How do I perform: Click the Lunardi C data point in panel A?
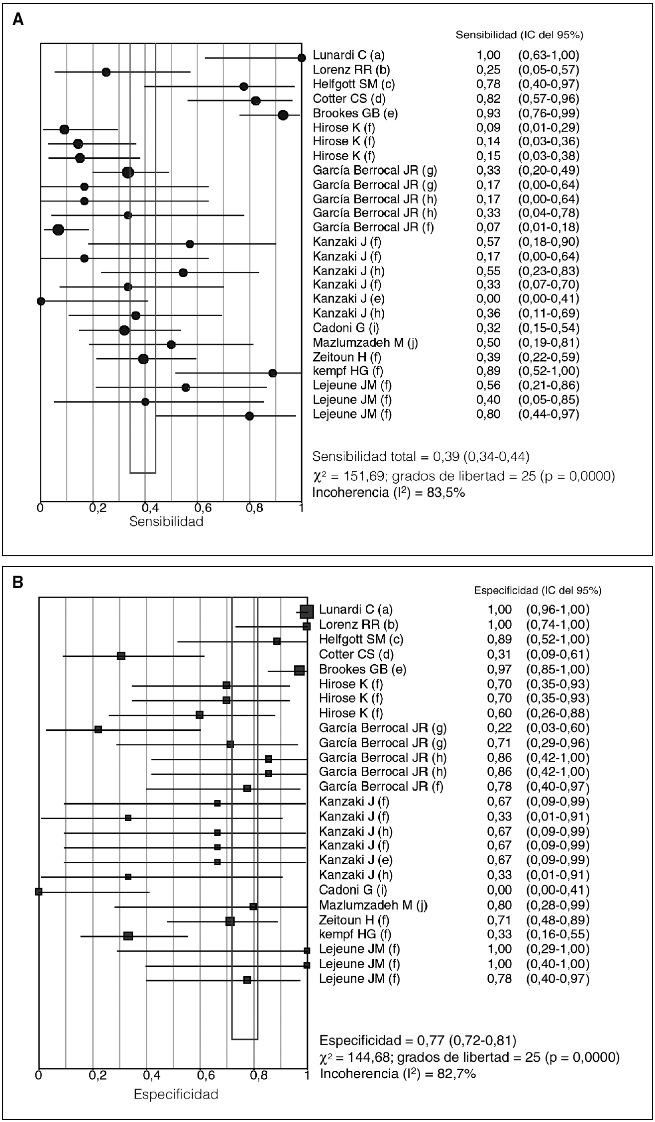pyautogui.click(x=301, y=58)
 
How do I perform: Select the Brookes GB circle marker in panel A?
pyautogui.click(x=283, y=115)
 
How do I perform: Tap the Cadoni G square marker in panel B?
pyautogui.click(x=39, y=892)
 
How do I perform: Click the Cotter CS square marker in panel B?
pyautogui.click(x=121, y=656)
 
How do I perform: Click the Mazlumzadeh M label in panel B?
pyautogui.click(x=373, y=906)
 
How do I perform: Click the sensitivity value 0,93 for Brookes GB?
pyautogui.click(x=488, y=113)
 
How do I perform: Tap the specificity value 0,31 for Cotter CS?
pyautogui.click(x=499, y=654)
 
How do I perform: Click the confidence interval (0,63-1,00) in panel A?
pyautogui.click(x=548, y=55)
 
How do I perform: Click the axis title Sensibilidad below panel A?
pyautogui.click(x=166, y=522)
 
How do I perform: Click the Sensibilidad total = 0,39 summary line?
pyautogui.click(x=421, y=456)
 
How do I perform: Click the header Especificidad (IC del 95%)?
pyautogui.click(x=538, y=591)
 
